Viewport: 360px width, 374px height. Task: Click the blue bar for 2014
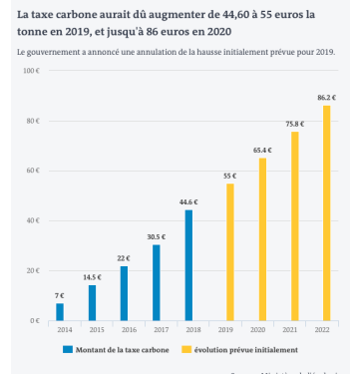click(60, 311)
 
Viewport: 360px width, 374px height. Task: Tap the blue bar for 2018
click(188, 265)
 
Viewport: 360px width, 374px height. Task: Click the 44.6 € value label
click(188, 202)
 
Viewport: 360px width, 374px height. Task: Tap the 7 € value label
click(60, 295)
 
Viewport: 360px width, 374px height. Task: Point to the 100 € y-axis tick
click(30, 72)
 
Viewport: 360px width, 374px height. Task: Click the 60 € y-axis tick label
click(31, 172)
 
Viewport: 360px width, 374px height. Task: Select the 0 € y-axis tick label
click(34, 321)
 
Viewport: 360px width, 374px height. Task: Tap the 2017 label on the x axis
click(156, 330)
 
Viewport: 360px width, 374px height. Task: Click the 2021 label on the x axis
click(295, 330)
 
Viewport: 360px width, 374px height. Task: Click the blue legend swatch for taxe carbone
click(68, 350)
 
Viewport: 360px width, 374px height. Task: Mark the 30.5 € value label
click(156, 237)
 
